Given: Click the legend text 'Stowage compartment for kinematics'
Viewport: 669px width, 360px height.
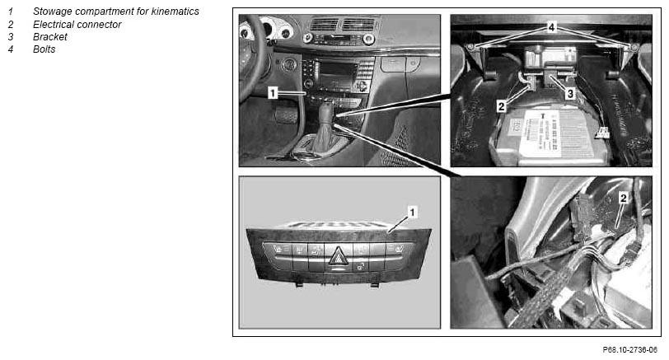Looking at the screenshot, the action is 116,12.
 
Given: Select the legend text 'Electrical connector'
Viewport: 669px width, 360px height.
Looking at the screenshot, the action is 77,25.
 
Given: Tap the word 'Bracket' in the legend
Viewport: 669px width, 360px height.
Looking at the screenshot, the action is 50,37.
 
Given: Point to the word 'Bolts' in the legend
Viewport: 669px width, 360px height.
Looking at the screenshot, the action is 44,49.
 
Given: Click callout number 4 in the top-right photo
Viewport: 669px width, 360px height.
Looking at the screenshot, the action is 551,27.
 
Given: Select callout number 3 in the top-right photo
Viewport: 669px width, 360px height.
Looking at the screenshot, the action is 570,93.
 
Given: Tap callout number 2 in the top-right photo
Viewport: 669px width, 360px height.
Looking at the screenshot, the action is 501,106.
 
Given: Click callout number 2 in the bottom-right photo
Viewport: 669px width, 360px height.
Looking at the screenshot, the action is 624,198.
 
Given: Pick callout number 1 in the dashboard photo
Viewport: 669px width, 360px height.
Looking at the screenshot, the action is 273,92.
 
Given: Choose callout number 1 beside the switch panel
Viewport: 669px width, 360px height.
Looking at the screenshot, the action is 412,212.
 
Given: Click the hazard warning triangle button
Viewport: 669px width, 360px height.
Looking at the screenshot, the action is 338,256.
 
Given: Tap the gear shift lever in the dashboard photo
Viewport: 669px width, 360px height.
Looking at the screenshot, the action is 326,127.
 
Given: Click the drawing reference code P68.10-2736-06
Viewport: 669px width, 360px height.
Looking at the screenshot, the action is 629,350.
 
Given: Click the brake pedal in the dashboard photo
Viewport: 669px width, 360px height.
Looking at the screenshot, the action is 286,115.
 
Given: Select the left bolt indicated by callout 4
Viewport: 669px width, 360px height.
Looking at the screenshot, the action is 471,46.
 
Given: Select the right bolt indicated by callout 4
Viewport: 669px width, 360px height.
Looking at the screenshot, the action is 634,46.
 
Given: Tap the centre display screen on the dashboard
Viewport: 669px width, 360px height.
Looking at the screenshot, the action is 336,75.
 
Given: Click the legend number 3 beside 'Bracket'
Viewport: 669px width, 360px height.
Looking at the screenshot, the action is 10,37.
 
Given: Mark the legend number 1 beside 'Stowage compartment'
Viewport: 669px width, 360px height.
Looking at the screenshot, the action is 10,12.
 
